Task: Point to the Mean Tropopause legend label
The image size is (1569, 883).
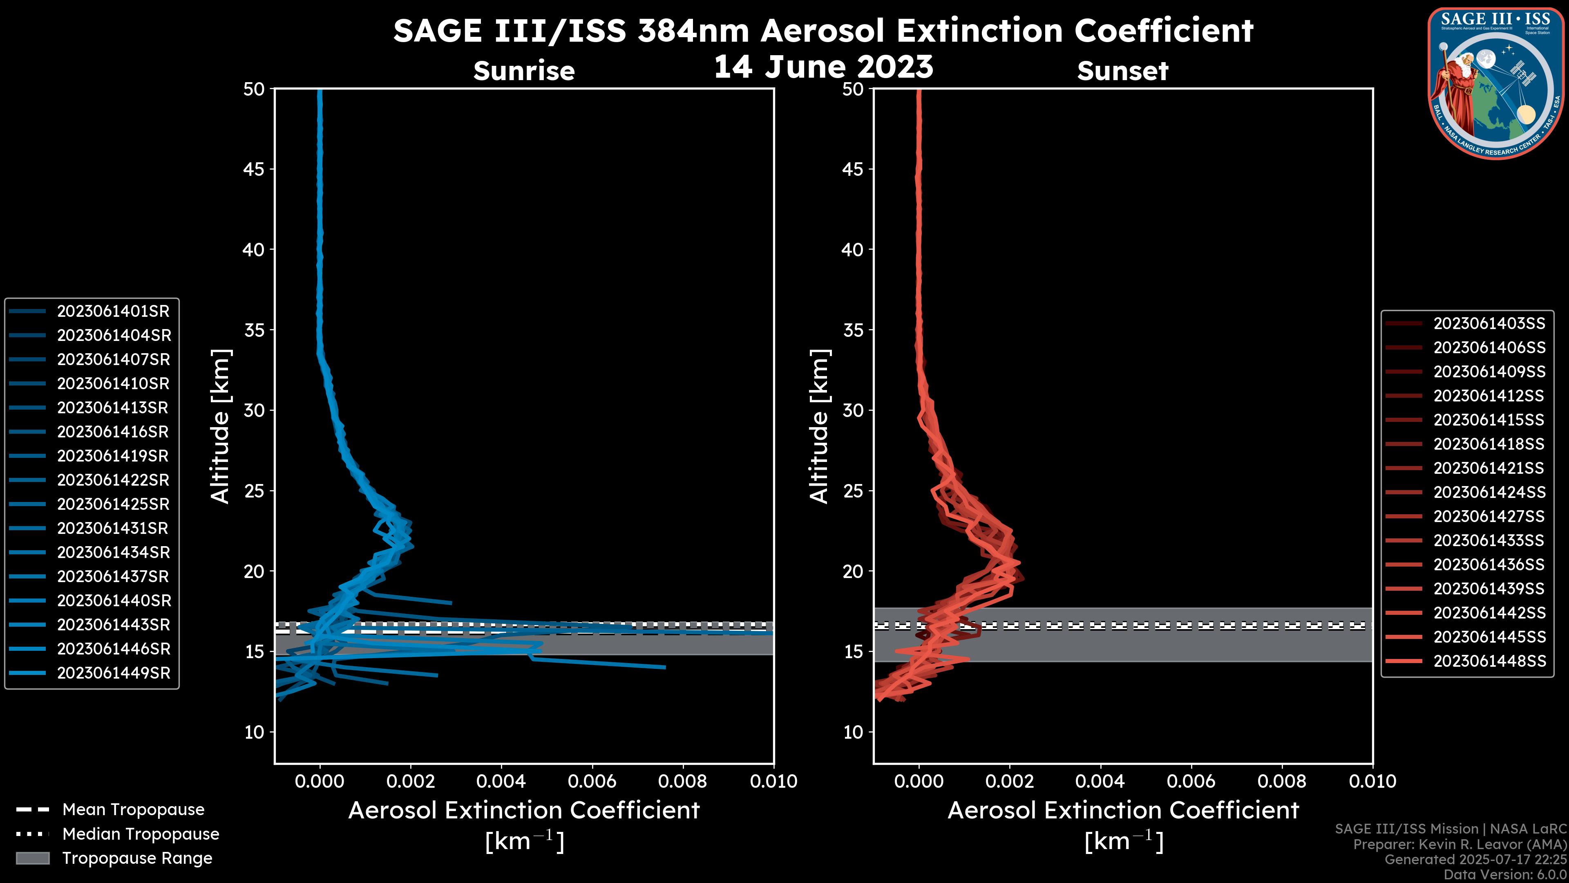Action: [x=133, y=810]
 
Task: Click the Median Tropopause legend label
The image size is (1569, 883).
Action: [x=141, y=834]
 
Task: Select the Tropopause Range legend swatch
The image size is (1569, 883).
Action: [x=33, y=858]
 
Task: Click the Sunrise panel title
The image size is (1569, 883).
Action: [x=524, y=71]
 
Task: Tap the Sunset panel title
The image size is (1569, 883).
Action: [x=1122, y=71]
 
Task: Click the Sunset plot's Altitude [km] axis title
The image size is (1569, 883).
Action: [x=820, y=426]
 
